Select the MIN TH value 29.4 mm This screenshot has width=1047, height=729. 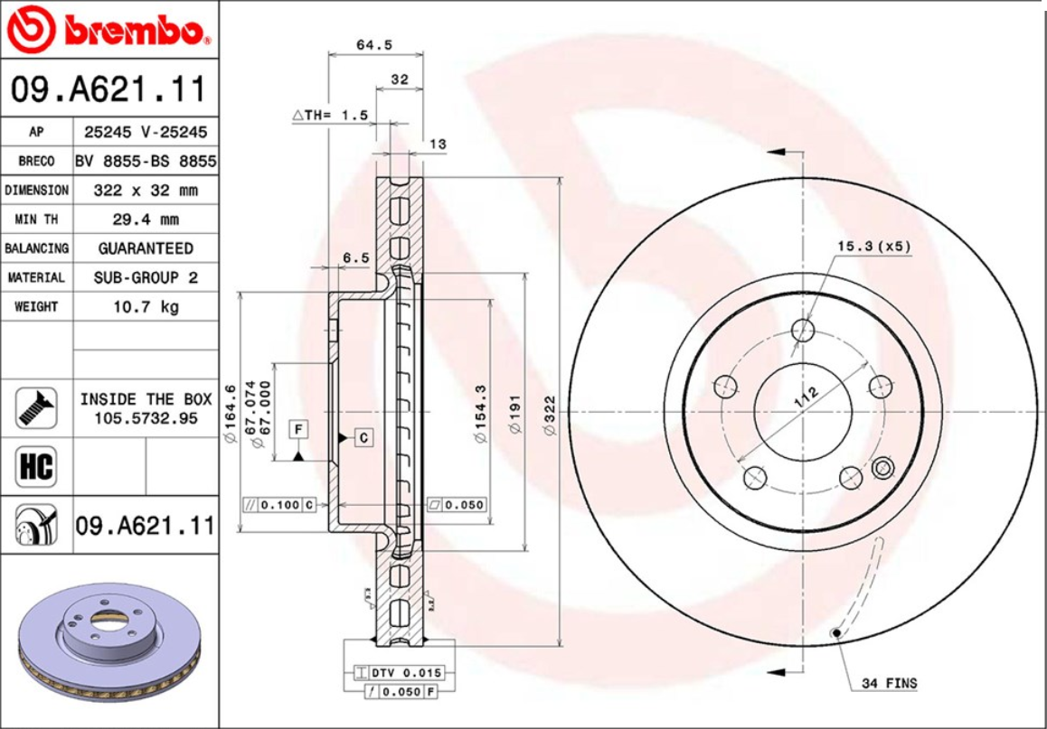point(145,220)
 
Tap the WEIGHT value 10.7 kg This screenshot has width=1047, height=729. point(145,306)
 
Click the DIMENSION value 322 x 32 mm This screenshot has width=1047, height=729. point(145,191)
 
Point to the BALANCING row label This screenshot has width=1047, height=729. point(36,248)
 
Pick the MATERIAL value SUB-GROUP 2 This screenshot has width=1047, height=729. point(145,277)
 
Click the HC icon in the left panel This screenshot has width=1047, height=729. point(36,467)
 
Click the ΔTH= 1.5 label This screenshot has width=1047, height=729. point(330,116)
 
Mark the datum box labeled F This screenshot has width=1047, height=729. point(297,429)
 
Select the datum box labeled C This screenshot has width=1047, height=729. point(363,437)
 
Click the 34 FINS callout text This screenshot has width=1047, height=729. point(888,683)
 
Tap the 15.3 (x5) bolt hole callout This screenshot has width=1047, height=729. point(872,246)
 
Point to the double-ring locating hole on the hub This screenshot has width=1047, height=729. point(883,468)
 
